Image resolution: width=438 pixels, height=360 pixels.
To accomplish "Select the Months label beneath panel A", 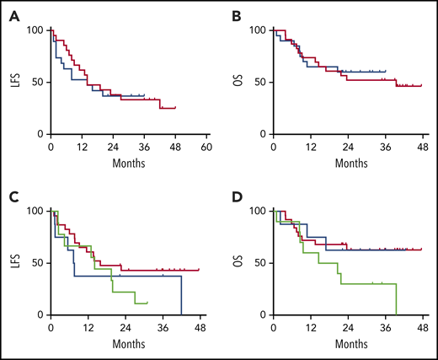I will click(x=128, y=162).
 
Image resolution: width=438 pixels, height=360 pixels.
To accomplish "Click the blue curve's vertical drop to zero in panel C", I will click(x=181, y=295).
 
